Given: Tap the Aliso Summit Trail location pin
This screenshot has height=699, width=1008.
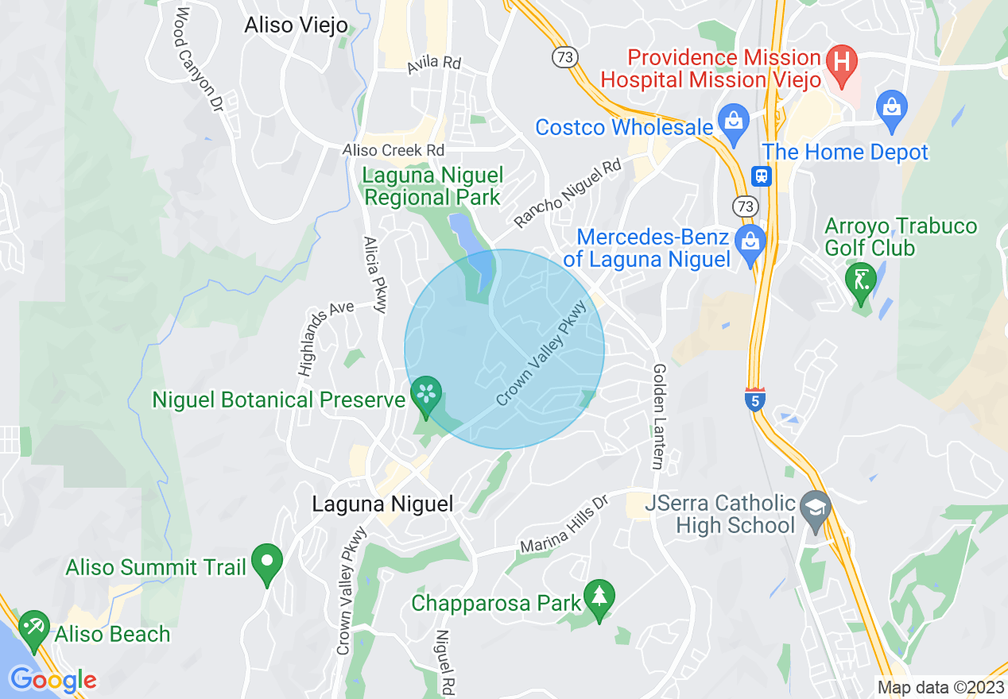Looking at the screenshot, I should point(266,562).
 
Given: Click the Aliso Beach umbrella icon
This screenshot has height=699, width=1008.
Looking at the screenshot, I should point(33,628).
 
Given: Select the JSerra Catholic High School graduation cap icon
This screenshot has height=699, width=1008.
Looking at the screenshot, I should point(816,505).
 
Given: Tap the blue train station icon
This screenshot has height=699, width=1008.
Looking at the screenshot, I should point(762,176).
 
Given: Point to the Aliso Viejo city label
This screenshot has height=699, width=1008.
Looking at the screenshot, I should point(296,25).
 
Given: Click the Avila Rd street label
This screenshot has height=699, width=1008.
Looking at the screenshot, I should point(434,64).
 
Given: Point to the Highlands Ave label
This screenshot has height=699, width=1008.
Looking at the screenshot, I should point(326,337).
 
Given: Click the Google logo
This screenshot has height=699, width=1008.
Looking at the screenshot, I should point(52,680).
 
